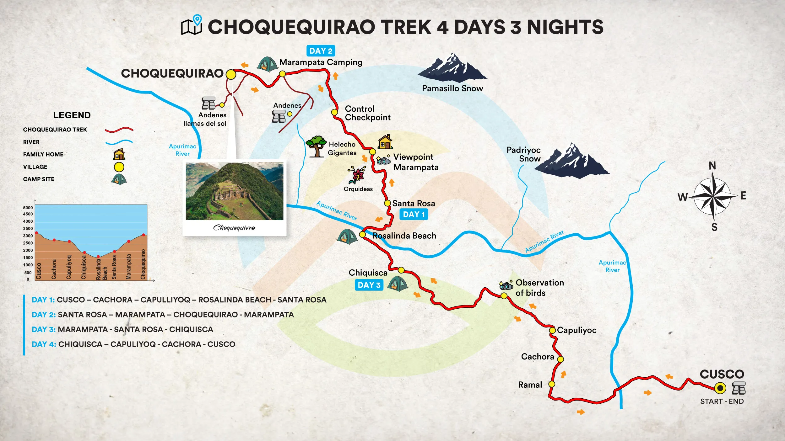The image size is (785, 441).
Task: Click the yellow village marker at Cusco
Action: point(720,388)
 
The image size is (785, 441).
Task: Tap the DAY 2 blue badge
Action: point(321,51)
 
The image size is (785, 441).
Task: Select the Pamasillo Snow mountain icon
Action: point(452,67)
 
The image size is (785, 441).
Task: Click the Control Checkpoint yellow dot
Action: point(334,112)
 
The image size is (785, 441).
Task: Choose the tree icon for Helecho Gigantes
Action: point(316,146)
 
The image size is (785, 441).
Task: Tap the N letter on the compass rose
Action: point(712,166)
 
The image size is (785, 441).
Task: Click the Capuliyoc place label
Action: point(577,330)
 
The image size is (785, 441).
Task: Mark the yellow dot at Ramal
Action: point(552,384)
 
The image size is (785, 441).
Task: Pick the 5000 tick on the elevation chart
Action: point(28,208)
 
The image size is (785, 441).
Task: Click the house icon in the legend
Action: point(119,154)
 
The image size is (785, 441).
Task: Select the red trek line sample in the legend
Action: point(119,130)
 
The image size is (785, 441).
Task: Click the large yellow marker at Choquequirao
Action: point(231,74)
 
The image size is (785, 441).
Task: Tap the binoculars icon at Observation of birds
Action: point(506,285)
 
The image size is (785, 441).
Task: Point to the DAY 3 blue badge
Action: point(369,285)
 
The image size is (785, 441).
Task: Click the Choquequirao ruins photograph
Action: point(234,191)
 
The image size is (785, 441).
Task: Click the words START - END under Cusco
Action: point(722,401)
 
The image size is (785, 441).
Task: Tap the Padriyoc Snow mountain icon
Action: point(572,161)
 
